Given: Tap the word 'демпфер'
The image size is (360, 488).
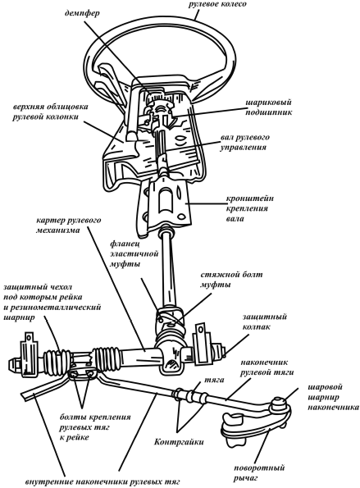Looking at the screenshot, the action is (x=82, y=14).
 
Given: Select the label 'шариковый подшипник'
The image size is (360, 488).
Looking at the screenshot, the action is (x=269, y=107).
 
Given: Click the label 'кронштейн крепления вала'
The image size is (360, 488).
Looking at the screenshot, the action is (x=249, y=208).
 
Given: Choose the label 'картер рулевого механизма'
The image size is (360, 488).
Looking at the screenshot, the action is (x=68, y=225).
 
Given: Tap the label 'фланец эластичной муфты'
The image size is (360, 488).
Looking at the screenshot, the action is (x=134, y=254).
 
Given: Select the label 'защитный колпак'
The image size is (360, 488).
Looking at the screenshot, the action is (x=264, y=322).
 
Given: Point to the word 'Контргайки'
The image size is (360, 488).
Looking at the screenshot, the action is (x=179, y=442).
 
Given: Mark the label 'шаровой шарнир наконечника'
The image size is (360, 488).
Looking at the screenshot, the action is (x=333, y=398).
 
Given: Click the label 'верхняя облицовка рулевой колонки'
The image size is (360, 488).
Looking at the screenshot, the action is (x=50, y=112).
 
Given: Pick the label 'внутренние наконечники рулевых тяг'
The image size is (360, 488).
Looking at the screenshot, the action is (x=103, y=482).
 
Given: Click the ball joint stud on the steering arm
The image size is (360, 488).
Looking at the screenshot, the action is (x=279, y=405).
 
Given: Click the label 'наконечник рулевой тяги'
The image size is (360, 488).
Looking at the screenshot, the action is (x=267, y=367).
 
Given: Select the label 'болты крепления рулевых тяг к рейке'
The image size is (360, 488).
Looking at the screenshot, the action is (x=95, y=426).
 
